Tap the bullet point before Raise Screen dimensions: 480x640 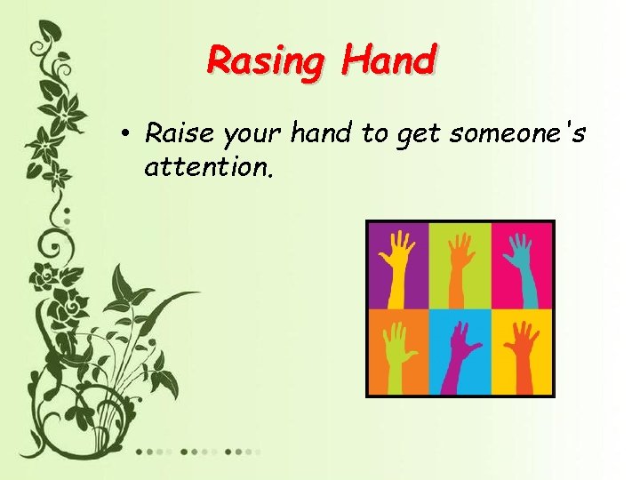(x=129, y=136)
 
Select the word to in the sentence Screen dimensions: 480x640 (x=370, y=135)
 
